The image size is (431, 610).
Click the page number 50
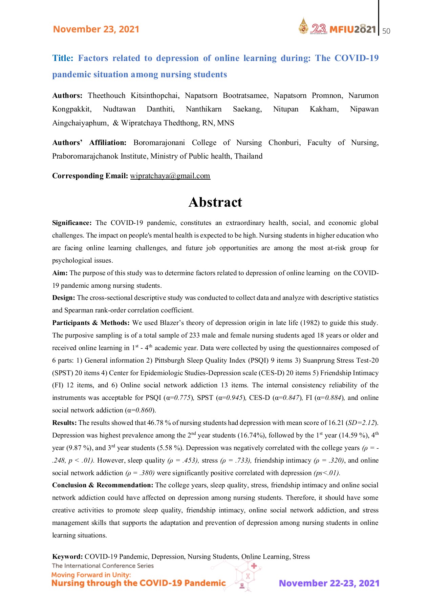click(386, 31)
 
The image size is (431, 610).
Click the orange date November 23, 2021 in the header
click(96, 29)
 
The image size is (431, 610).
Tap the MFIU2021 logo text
click(352, 29)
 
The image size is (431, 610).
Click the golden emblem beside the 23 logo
click(303, 26)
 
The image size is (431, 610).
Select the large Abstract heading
click(215, 202)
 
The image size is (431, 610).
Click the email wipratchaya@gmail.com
click(170, 176)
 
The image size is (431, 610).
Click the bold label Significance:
click(72, 223)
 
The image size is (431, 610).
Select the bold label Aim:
click(60, 273)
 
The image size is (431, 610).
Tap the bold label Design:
click(64, 298)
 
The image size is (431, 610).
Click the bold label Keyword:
click(67, 556)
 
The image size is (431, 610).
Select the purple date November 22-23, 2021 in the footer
click(329, 583)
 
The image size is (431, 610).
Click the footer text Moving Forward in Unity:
click(91, 575)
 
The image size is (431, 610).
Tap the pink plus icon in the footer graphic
click(254, 566)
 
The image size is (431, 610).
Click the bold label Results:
click(64, 423)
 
